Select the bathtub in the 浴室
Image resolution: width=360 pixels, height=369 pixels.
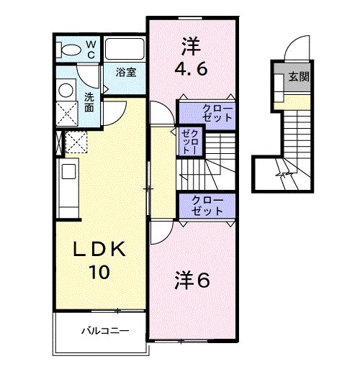point(125,50)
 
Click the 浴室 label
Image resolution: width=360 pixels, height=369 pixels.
point(127,72)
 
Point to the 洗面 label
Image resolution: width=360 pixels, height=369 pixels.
point(89,102)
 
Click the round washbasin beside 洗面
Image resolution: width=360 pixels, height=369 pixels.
point(66,90)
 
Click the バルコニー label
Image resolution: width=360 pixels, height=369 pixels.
point(104,332)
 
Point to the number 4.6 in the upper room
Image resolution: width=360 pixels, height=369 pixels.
point(191,70)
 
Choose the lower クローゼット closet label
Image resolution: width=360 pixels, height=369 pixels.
point(207,205)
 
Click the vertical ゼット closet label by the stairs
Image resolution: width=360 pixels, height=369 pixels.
point(188,142)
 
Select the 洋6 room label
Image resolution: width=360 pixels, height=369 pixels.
point(192,281)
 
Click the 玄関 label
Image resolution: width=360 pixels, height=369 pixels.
point(300,76)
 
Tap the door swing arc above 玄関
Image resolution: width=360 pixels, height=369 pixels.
point(295,49)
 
